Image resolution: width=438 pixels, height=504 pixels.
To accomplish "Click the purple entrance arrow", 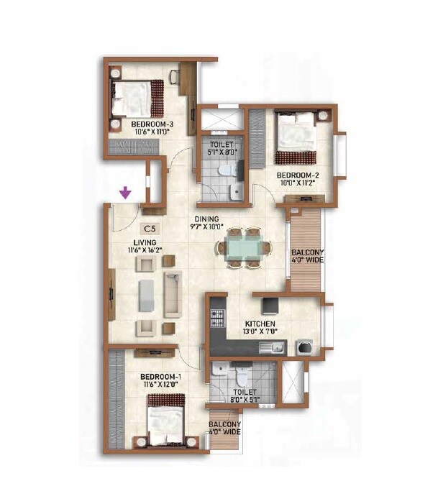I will [x=126, y=193].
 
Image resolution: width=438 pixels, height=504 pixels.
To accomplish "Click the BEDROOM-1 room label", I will [x=159, y=377].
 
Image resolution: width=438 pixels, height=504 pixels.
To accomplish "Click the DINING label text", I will [x=210, y=220].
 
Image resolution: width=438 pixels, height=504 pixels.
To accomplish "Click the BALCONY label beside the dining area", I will [x=306, y=252].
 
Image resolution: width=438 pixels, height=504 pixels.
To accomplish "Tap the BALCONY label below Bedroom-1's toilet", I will [x=225, y=424].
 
